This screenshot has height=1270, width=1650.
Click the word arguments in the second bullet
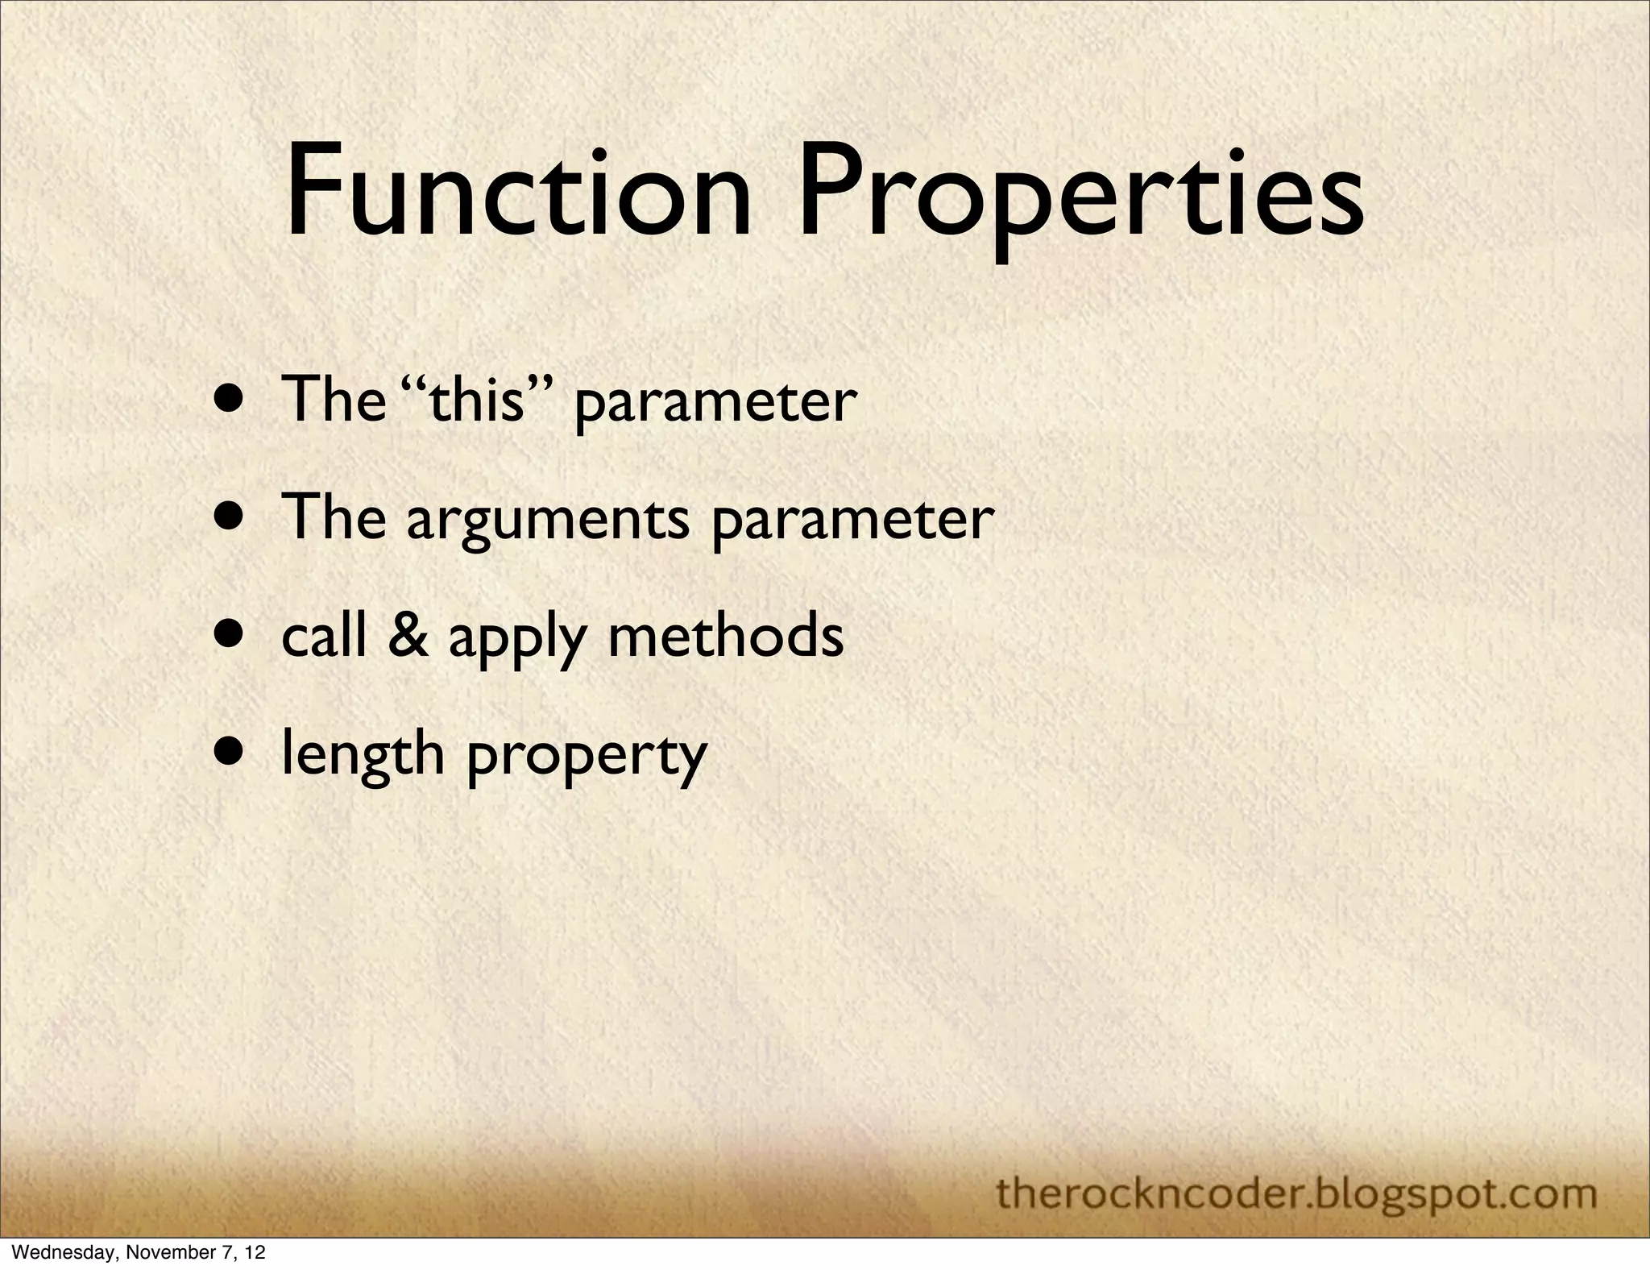tap(548, 520)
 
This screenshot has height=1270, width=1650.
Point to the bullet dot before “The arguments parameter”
tap(231, 517)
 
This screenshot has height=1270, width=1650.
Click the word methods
tap(726, 636)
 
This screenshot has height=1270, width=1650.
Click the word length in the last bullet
tap(363, 756)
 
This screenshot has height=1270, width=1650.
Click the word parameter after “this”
tap(715, 403)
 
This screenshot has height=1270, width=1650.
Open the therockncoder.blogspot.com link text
tap(1296, 1193)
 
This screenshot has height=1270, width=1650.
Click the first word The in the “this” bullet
tap(333, 401)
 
